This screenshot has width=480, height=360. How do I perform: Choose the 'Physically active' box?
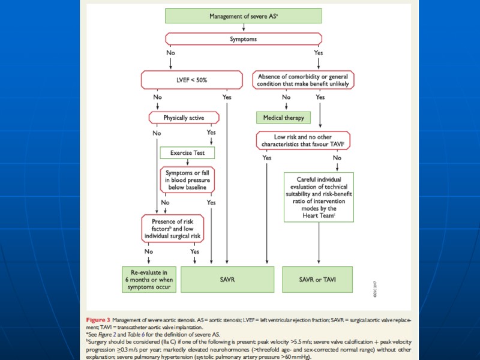[x=184, y=118]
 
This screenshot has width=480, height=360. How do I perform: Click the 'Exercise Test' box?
[x=187, y=152]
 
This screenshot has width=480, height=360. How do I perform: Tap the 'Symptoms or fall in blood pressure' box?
[x=187, y=180]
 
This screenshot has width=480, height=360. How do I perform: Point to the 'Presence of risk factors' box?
[x=171, y=228]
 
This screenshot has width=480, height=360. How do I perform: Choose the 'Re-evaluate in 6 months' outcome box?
[x=148, y=279]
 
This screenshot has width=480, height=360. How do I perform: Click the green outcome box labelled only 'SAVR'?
[x=228, y=279]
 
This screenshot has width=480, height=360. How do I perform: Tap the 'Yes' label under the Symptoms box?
[x=318, y=53]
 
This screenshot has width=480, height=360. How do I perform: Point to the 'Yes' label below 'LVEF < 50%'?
[x=226, y=97]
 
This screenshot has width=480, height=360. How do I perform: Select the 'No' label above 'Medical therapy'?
[x=286, y=97]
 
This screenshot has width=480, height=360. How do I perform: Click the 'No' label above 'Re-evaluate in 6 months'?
[x=148, y=251]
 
